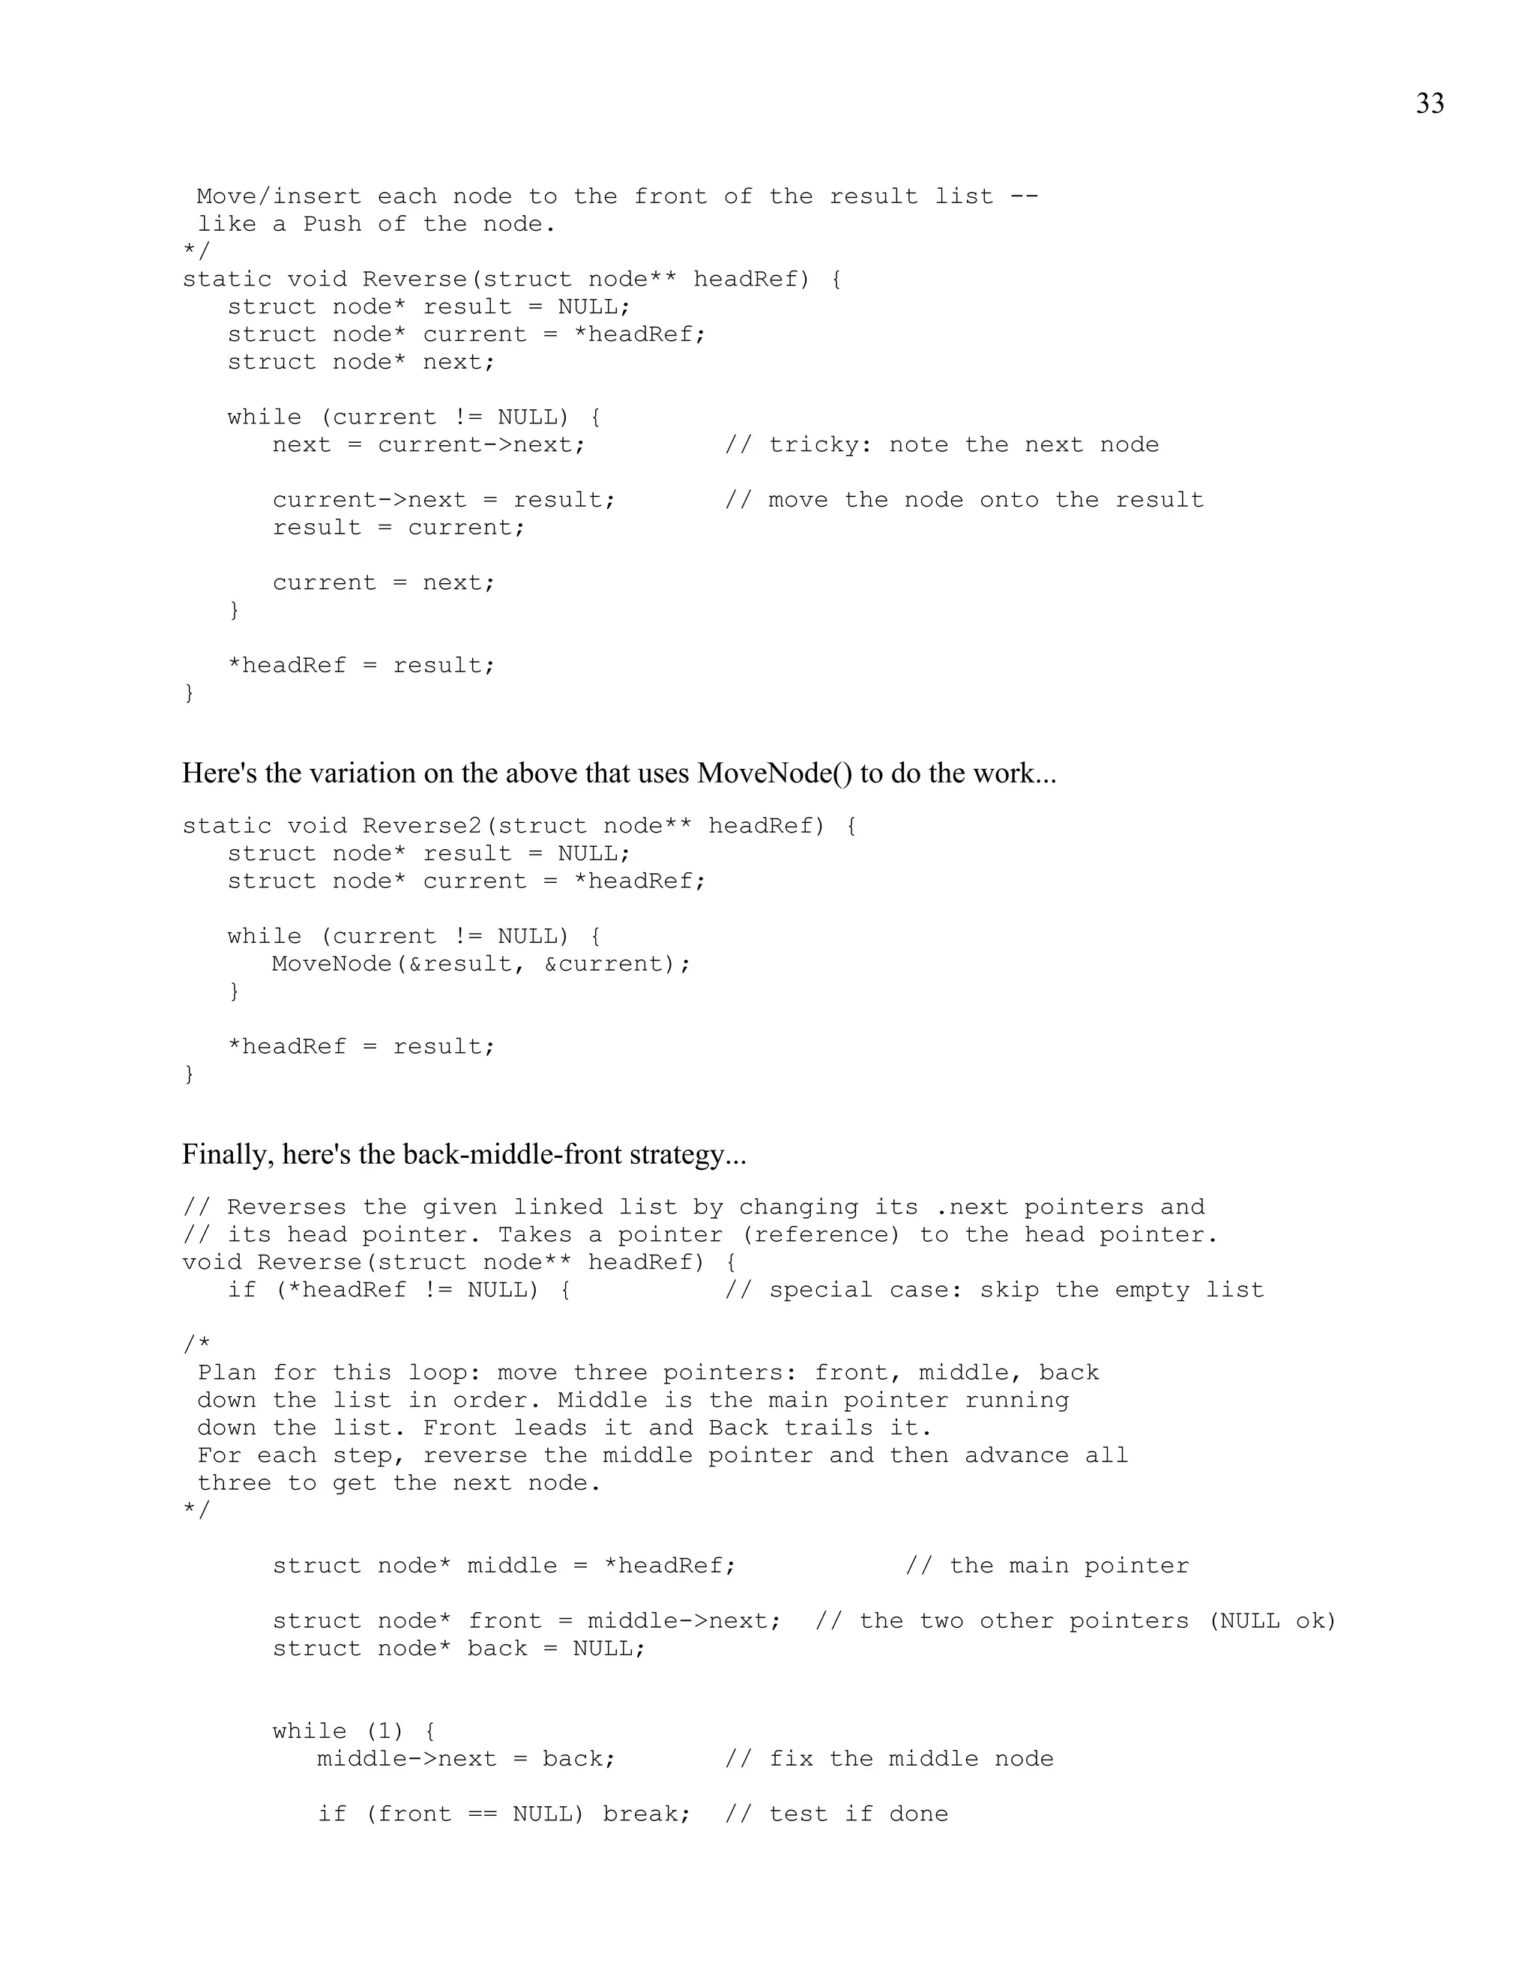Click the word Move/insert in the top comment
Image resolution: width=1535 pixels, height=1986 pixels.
272,196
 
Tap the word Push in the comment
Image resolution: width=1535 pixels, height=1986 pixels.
332,223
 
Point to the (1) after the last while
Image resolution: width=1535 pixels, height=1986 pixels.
384,1731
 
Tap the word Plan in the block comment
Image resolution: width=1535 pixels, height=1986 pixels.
227,1373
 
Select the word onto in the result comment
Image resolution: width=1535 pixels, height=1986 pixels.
1009,500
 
